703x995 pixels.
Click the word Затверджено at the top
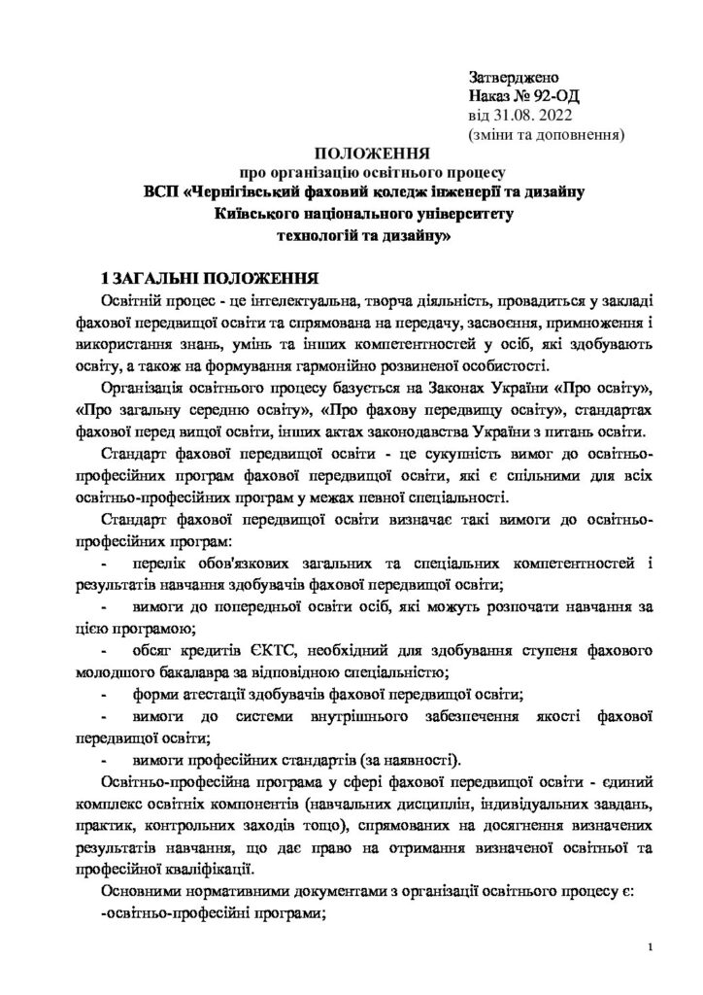[514, 76]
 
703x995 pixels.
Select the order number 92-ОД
[555, 95]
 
